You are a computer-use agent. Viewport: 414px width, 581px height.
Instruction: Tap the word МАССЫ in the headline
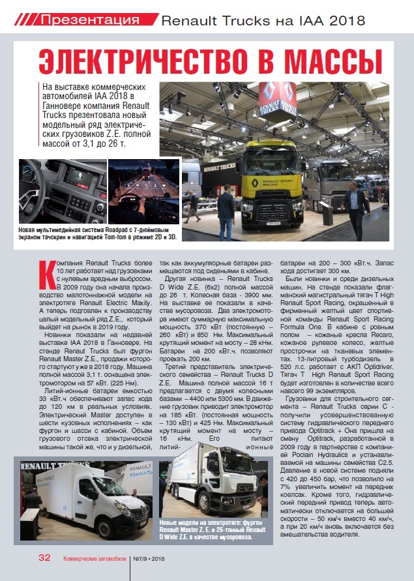(x=333, y=63)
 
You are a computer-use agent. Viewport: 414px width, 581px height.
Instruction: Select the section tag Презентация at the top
(x=91, y=19)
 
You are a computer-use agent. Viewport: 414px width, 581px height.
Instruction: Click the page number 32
(x=44, y=558)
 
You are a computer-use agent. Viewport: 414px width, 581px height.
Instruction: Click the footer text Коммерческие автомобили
(x=95, y=558)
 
